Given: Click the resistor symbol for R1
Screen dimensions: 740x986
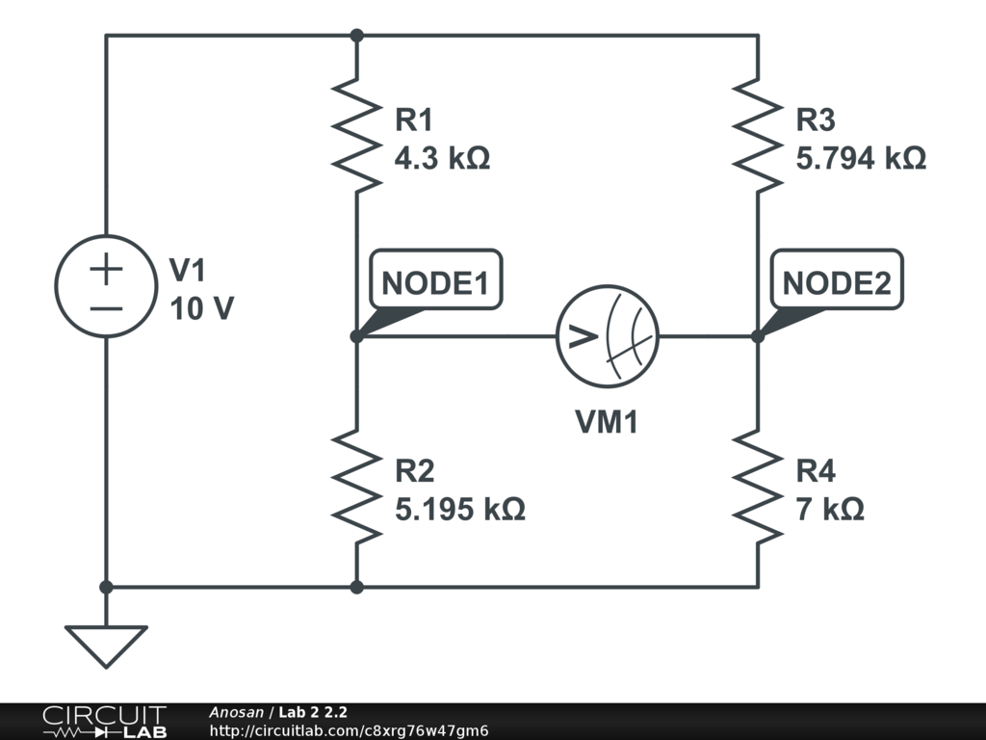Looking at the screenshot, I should [356, 136].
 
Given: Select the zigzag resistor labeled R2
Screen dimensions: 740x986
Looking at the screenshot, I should [356, 488].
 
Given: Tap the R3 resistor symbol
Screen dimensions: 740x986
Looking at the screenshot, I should [758, 136].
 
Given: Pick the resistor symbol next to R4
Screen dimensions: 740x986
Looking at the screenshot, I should [758, 488].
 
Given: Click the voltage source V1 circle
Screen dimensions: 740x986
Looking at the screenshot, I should [106, 286].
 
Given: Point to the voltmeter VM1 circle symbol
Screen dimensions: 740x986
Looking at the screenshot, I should [607, 336].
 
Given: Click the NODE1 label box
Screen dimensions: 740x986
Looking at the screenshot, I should [435, 283].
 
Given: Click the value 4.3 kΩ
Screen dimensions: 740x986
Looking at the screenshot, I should [442, 158].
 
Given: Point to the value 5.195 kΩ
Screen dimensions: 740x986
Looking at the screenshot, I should [460, 509].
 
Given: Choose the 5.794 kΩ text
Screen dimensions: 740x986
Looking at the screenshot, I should [861, 158].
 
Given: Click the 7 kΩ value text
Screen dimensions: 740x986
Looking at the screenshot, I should [829, 509].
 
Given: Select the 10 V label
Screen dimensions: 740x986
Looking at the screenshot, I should [201, 309].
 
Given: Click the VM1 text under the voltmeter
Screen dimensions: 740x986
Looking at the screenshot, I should [607, 421].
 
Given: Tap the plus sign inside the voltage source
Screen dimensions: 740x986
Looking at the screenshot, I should [106, 270].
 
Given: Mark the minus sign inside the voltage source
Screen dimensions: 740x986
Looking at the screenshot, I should [106, 308].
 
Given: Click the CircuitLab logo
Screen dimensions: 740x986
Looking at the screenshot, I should [104, 722].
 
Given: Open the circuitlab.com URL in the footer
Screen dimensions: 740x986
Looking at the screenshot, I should [349, 730].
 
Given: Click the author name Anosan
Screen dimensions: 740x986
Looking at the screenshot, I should [236, 712].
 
